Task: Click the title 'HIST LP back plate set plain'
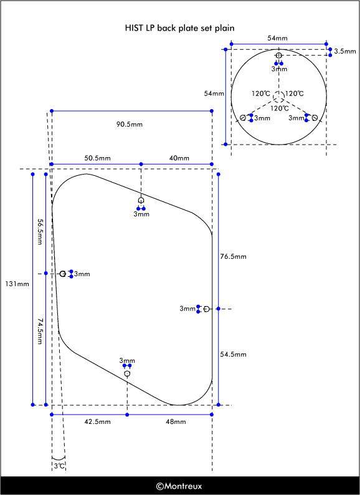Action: [x=179, y=28]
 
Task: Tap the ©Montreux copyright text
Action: [x=179, y=486]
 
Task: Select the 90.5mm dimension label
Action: [x=130, y=125]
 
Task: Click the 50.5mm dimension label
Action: [x=98, y=158]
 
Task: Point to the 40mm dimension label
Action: [x=179, y=158]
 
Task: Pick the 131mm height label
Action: [x=17, y=284]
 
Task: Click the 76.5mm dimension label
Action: [x=233, y=256]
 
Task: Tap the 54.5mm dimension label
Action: [x=233, y=354]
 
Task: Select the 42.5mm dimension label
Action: [x=98, y=422]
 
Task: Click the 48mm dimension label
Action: [x=176, y=422]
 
